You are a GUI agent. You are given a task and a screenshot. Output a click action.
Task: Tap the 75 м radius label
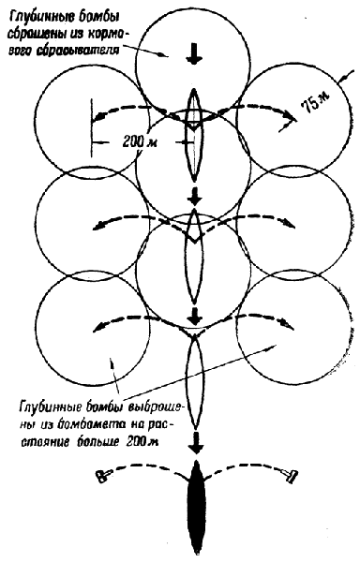click(x=315, y=104)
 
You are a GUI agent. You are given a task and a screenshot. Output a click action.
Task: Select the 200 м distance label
click(x=139, y=141)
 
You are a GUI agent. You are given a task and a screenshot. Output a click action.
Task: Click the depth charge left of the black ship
click(x=102, y=476)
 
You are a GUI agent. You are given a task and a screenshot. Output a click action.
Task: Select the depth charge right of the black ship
click(x=292, y=476)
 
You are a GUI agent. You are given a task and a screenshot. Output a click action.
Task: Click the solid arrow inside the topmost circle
click(x=194, y=53)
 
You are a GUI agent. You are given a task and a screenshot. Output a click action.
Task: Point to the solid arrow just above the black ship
click(x=196, y=443)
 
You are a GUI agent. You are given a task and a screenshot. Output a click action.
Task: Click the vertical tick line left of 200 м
click(x=92, y=127)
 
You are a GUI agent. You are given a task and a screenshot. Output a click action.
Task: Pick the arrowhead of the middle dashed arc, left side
click(x=97, y=226)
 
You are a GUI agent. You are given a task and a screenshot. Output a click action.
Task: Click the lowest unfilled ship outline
click(x=194, y=382)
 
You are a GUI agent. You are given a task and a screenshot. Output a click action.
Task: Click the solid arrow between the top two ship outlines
click(x=195, y=196)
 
